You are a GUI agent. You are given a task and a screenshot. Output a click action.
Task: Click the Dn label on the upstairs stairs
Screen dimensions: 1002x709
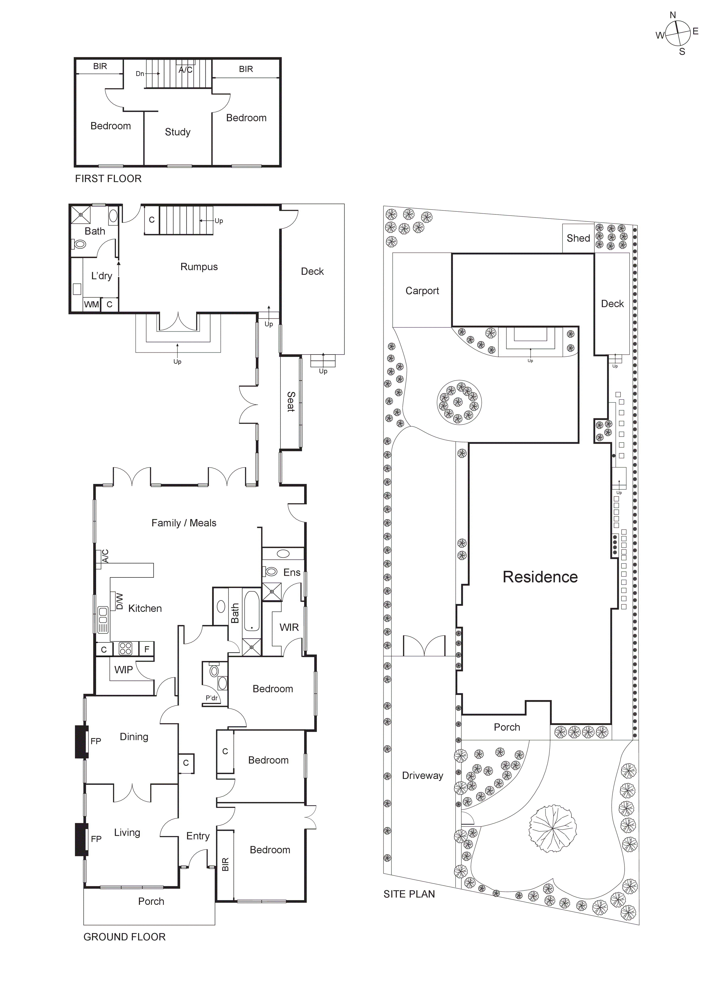coord(140,74)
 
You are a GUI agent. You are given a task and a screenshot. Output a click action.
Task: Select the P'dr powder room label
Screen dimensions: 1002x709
coord(212,698)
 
